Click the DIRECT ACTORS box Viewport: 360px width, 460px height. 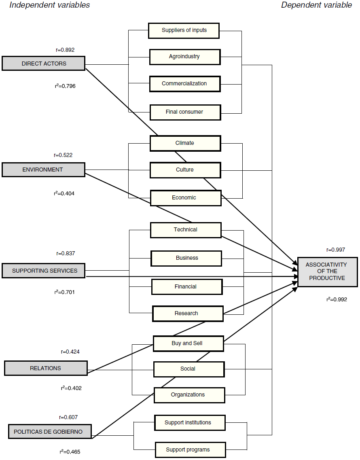(44, 64)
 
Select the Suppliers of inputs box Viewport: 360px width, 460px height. (184, 30)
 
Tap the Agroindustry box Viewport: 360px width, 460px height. (185, 57)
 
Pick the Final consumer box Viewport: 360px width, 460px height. (185, 112)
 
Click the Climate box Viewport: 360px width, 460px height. (185, 143)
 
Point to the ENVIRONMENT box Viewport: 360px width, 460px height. (43, 170)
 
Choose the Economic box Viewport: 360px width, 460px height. (186, 198)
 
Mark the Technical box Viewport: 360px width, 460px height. (186, 230)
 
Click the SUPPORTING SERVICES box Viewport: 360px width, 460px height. (44, 271)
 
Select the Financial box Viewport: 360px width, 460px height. (186, 287)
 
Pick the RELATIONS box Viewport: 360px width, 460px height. (46, 368)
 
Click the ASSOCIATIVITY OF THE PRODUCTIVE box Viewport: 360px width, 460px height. (327, 271)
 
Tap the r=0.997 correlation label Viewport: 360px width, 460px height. (336, 250)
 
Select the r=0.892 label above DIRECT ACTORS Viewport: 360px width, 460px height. (65, 50)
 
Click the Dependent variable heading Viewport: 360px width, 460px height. (316, 5)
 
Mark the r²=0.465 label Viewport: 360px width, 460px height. (70, 452)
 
